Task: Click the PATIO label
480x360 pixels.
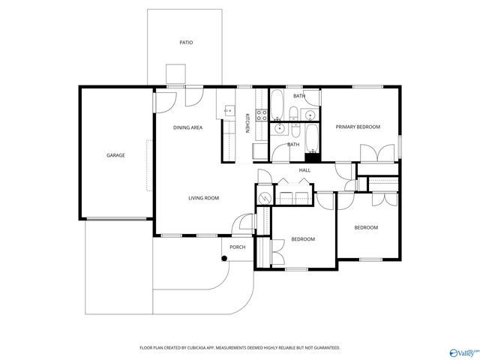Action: click(x=186, y=43)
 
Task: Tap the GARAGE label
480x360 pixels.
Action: click(x=115, y=155)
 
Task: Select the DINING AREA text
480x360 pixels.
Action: click(x=187, y=127)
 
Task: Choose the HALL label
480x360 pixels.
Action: click(x=305, y=170)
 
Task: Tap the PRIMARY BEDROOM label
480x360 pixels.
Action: click(x=358, y=127)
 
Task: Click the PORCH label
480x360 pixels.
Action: click(x=238, y=247)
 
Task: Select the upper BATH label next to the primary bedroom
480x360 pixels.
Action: click(x=299, y=96)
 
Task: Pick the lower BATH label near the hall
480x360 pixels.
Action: click(x=293, y=144)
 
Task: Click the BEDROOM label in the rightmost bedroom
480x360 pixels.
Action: click(x=366, y=227)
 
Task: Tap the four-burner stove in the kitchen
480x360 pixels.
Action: click(x=262, y=115)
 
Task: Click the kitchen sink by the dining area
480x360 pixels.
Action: click(x=229, y=111)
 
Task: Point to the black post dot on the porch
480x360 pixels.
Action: click(x=223, y=259)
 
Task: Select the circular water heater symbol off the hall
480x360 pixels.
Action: click(x=263, y=198)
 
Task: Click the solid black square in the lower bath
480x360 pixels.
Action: click(x=313, y=157)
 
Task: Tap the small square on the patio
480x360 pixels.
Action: click(x=175, y=73)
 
